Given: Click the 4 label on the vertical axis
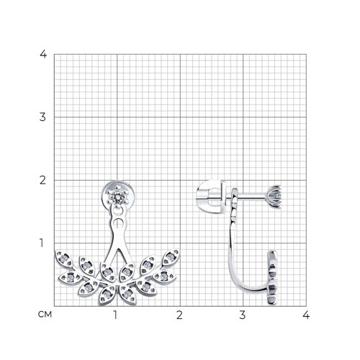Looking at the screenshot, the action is coord(43,54).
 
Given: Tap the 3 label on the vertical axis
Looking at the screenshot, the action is coord(42,117).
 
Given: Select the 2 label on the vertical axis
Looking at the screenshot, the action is coord(42,180).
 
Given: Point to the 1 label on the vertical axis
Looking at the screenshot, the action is coord(42,243).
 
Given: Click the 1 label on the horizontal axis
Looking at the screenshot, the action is coord(115,315).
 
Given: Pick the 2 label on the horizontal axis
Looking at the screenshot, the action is coord(179,315).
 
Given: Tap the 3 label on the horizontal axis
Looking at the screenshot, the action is coord(243,315).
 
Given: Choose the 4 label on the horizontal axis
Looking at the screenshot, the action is coord(306,315).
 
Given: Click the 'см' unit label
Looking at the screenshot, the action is coord(45,315).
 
